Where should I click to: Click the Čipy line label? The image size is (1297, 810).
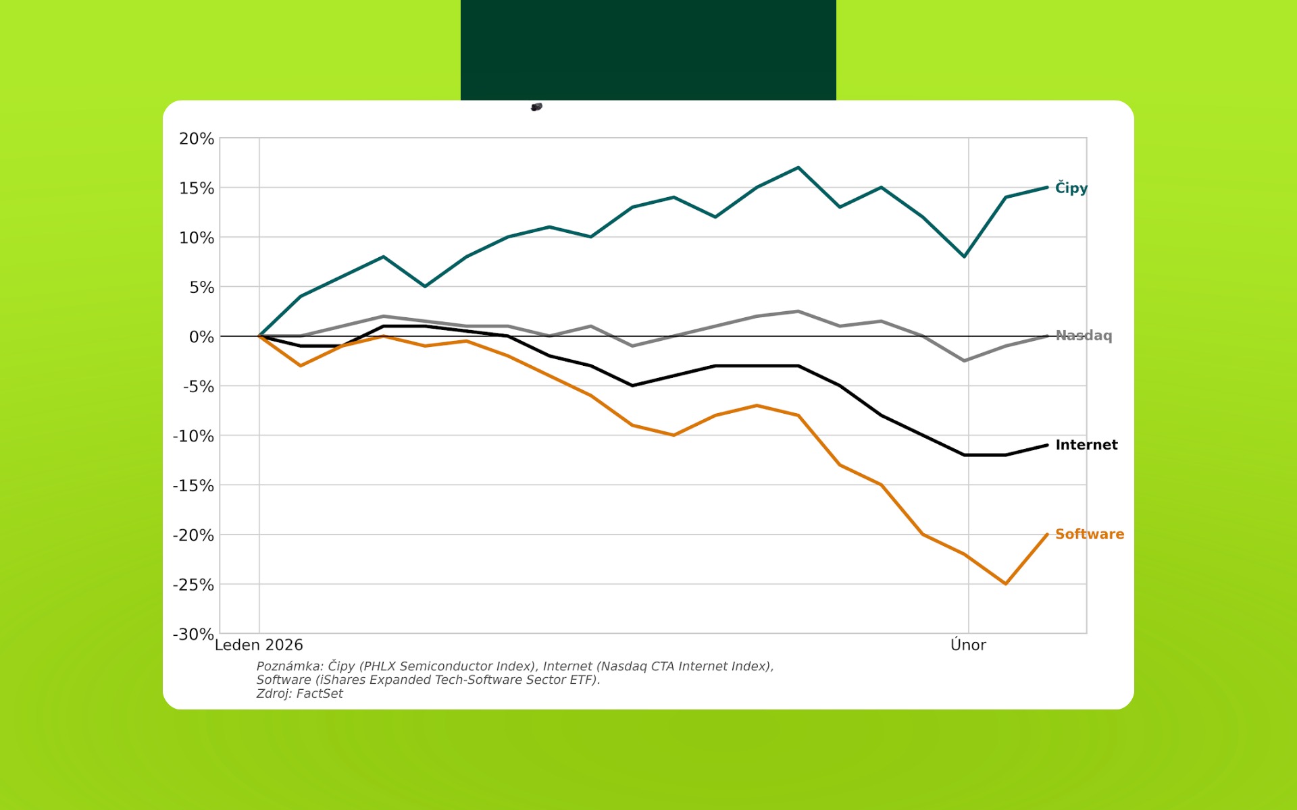coord(1071,188)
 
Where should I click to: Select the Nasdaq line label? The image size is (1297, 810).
coord(1084,335)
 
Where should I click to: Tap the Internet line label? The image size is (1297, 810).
coord(1086,445)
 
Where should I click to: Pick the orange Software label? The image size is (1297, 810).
coord(1090,534)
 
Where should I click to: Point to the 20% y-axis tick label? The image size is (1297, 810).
coord(197,139)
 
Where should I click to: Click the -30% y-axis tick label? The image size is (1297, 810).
coord(194,634)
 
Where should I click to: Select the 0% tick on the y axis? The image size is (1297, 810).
coord(201,337)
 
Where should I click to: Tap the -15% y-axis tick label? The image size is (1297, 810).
coord(194,486)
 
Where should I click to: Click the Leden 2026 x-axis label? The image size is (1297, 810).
coord(259,645)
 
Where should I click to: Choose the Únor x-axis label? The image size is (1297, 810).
coord(968,645)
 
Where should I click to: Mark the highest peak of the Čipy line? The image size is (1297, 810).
coord(798,167)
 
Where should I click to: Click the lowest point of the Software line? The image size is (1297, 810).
coord(1006,584)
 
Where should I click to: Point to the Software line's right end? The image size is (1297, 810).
coord(1047,535)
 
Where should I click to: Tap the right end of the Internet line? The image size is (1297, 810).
coord(1047,446)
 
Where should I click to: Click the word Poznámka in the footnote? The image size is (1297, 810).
coord(289,666)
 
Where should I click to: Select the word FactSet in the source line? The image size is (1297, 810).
coord(320,694)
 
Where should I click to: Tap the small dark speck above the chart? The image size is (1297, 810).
coord(537,107)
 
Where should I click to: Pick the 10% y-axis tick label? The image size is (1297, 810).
coord(197,238)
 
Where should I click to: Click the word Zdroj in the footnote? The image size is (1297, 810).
coord(272,694)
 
